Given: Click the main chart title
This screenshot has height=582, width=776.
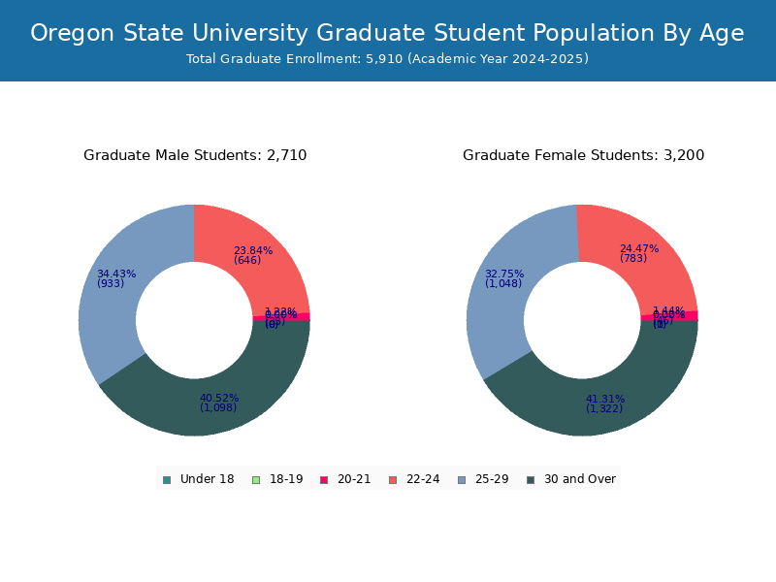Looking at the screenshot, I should [x=387, y=33].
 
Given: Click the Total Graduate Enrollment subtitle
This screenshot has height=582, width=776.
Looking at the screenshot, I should [x=387, y=59].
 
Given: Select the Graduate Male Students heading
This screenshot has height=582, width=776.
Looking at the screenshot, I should [x=195, y=155].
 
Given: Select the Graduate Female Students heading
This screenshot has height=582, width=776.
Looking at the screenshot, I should [x=583, y=155].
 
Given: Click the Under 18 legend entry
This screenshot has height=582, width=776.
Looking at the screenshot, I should [x=198, y=479].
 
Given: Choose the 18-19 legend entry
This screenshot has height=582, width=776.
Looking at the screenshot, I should [x=277, y=479].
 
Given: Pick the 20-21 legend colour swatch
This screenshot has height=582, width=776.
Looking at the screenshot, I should [x=325, y=480].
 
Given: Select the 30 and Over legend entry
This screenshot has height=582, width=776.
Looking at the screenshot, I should [x=571, y=479].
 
